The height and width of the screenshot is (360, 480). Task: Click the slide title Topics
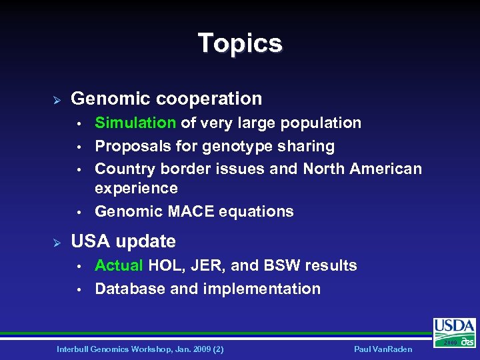tap(240, 43)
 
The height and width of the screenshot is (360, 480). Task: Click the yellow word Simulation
tap(135, 123)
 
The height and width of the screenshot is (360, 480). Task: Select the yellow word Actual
tap(119, 265)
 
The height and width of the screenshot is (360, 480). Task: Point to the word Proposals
tap(133, 146)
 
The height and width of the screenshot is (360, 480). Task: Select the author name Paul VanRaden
tap(385, 349)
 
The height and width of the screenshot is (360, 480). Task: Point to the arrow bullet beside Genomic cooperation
tap(57, 99)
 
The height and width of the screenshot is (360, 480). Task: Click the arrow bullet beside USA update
tap(57, 242)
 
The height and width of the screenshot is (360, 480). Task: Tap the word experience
tap(136, 188)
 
